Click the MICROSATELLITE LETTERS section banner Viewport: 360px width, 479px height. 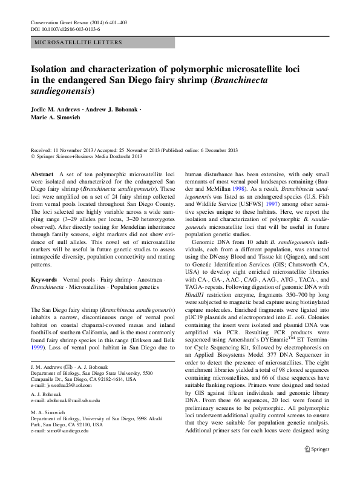click(x=79, y=42)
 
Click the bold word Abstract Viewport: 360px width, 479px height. click(x=42, y=174)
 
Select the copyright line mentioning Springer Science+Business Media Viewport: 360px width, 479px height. click(x=88, y=156)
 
